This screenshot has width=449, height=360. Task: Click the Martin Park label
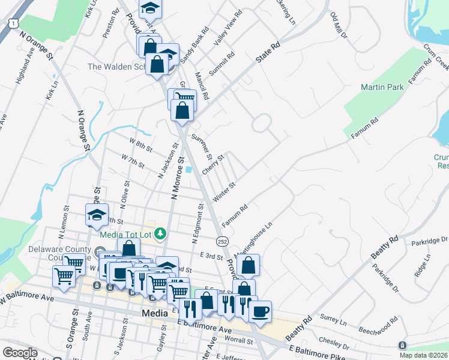click(382, 87)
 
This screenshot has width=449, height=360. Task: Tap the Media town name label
click(155, 313)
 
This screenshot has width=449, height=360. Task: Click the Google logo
click(20, 352)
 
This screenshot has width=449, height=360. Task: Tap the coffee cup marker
click(260, 312)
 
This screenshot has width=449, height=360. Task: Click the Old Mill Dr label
click(339, 26)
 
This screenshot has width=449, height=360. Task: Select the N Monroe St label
click(176, 180)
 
